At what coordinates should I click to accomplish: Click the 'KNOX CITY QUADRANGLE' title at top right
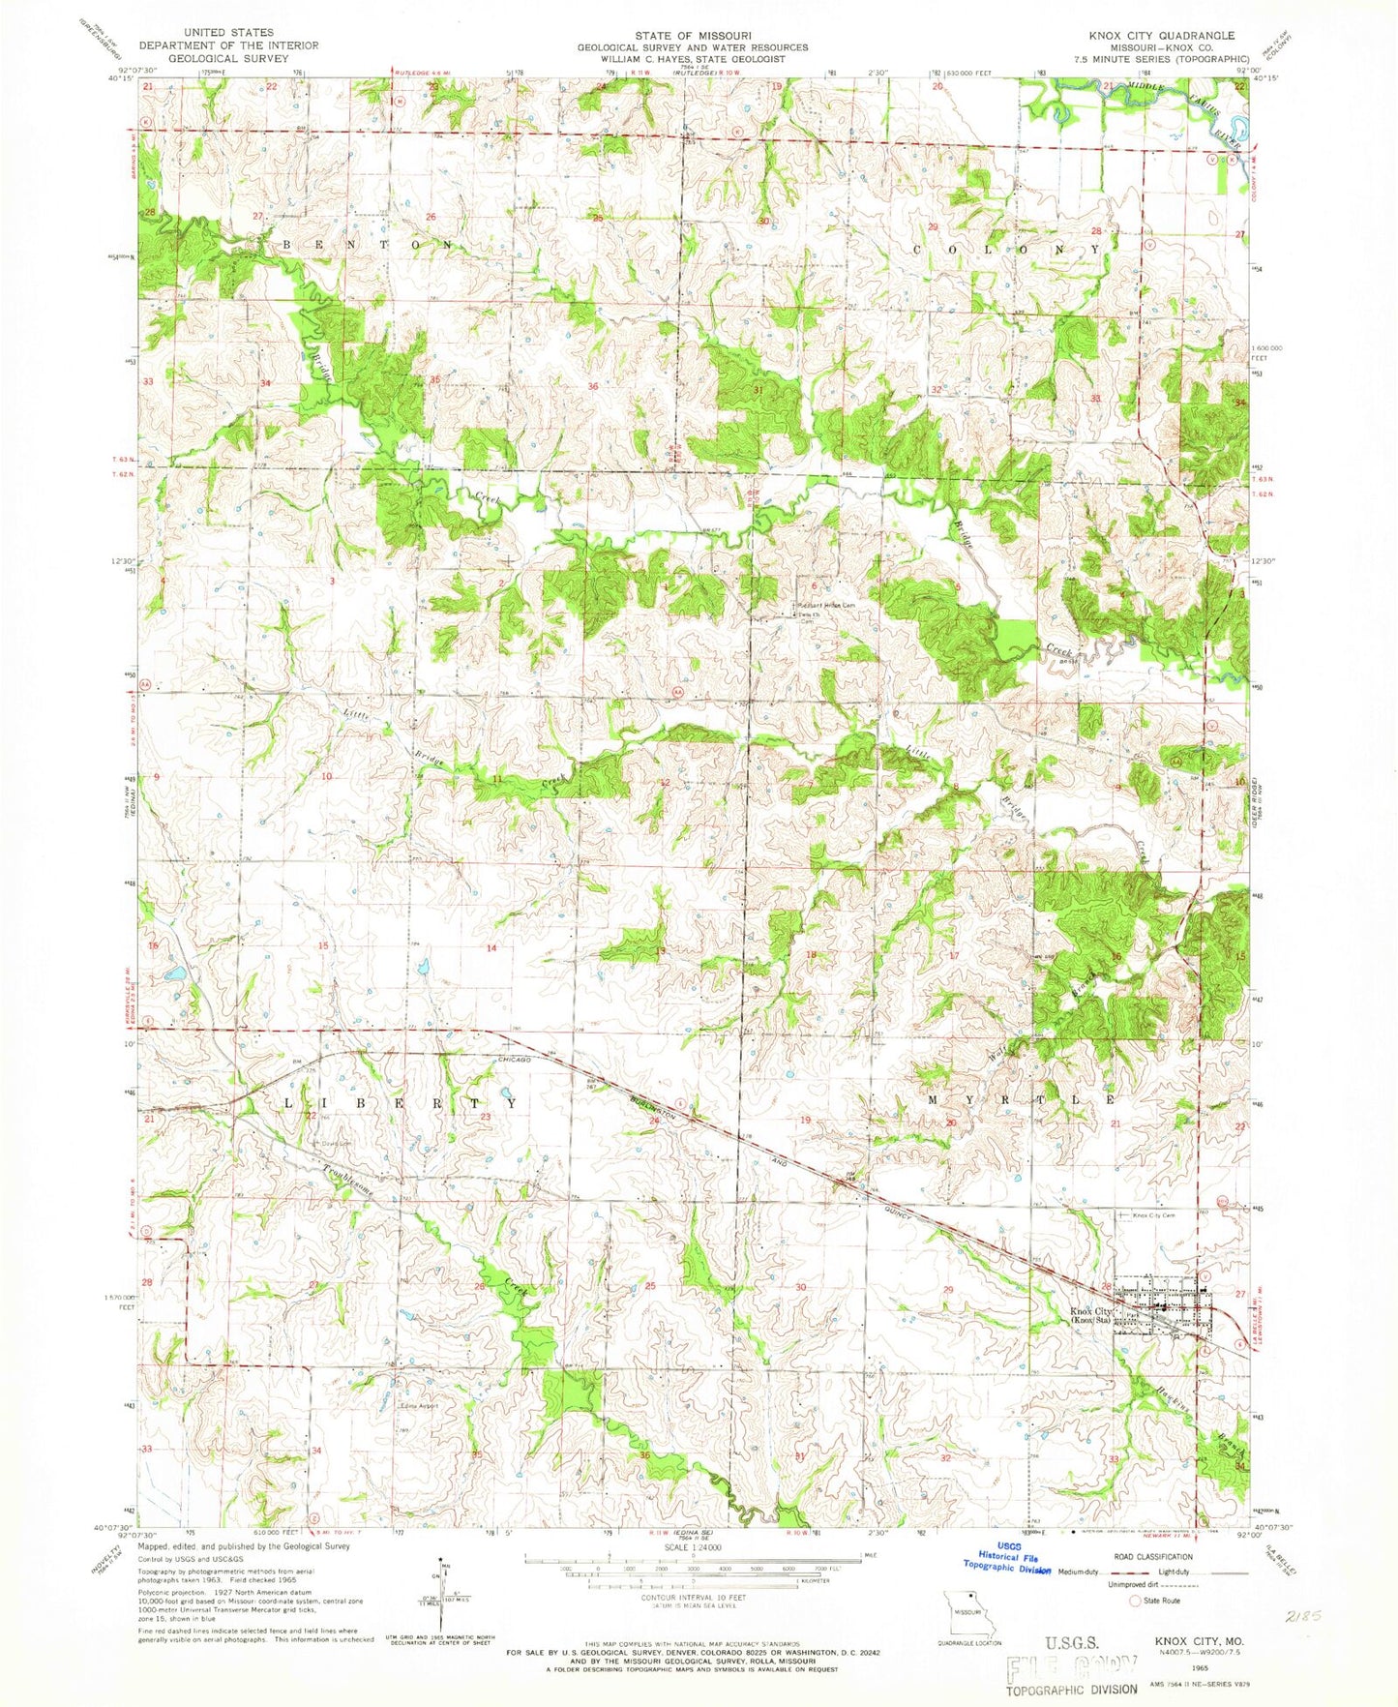coord(1147,35)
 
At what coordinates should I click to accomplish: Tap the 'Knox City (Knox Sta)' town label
coord(1090,1316)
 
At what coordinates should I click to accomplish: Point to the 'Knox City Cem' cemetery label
coord(1152,1214)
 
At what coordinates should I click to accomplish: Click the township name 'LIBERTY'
coord(399,1103)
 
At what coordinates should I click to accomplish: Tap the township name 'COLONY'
coord(1006,249)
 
